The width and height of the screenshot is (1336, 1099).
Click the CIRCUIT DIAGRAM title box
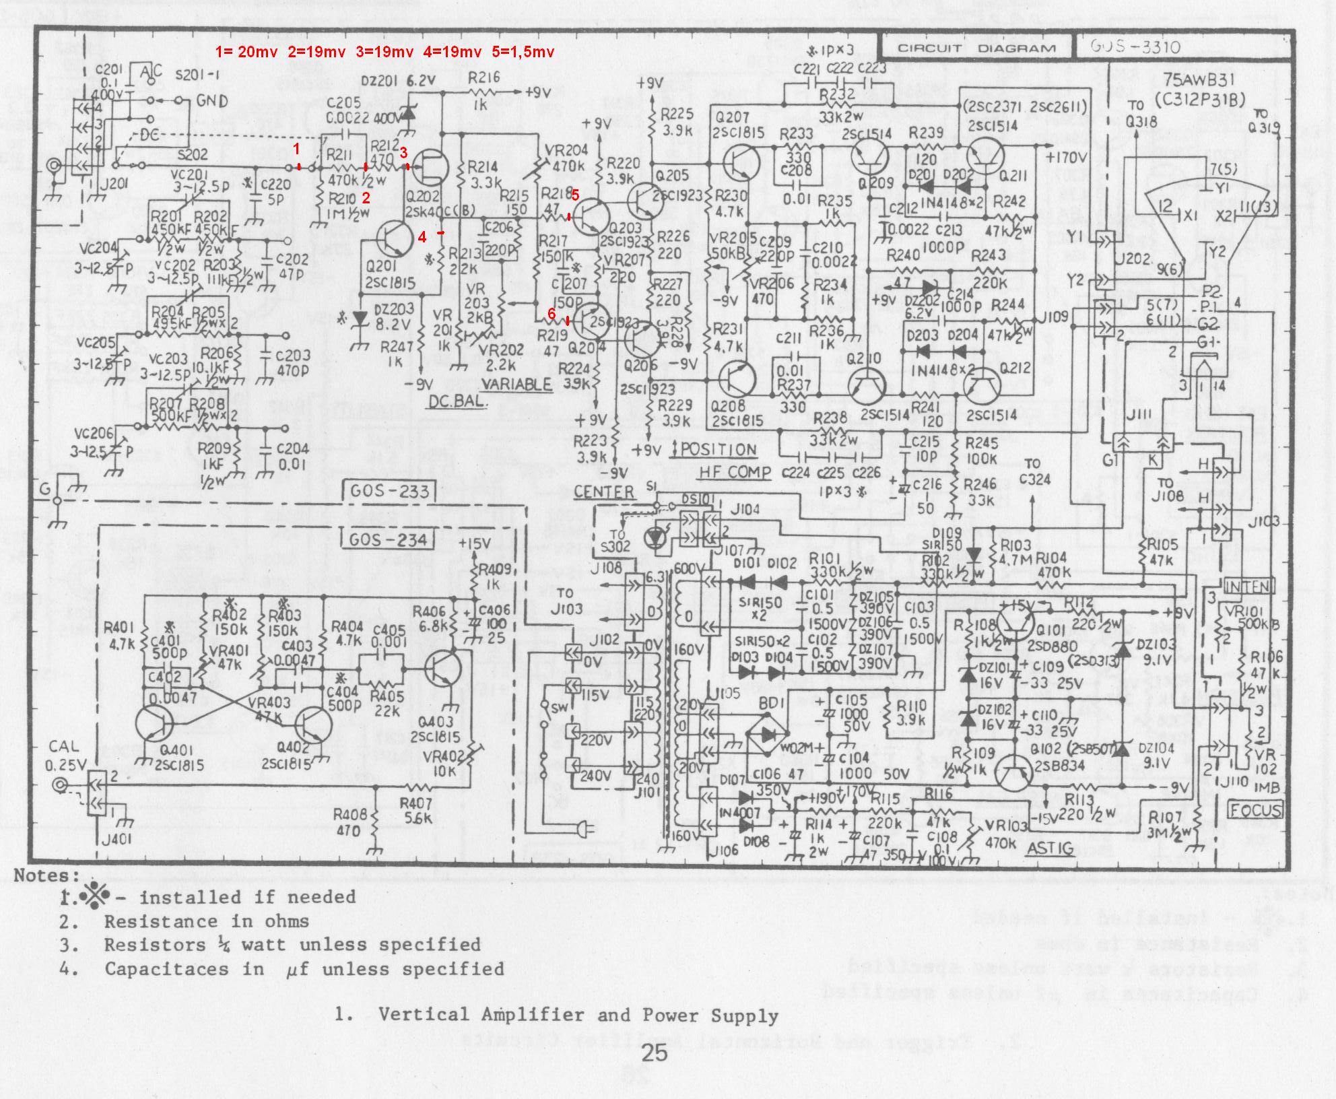(976, 48)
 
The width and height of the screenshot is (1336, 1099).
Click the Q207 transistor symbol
(742, 164)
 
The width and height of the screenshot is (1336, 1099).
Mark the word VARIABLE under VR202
(516, 384)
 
